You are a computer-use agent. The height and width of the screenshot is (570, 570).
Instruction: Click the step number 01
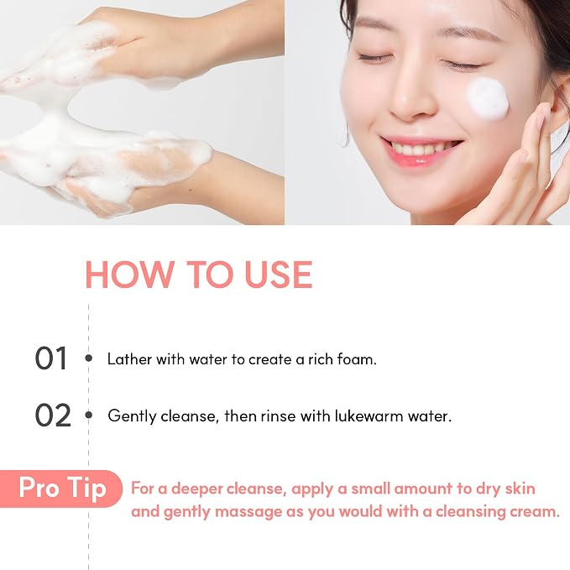tap(51, 358)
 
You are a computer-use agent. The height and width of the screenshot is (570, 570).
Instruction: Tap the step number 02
tap(53, 416)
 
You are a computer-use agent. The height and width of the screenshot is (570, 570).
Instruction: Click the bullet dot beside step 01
tap(88, 358)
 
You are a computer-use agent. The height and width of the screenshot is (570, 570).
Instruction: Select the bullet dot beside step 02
tap(88, 415)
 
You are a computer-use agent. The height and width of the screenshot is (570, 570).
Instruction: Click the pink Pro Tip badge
tap(61, 489)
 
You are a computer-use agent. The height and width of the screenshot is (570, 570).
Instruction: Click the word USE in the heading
tap(279, 275)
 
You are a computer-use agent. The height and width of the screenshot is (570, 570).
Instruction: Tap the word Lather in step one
tap(129, 359)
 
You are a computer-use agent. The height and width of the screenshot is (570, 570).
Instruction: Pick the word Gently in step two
tap(133, 416)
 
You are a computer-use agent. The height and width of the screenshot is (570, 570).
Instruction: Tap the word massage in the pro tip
tap(248, 513)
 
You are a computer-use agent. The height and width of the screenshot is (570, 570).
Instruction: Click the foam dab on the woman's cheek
tap(487, 98)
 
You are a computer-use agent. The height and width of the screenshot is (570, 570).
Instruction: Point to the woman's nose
tap(410, 95)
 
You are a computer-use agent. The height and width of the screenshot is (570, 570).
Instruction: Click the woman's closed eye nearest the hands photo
tap(375, 57)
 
